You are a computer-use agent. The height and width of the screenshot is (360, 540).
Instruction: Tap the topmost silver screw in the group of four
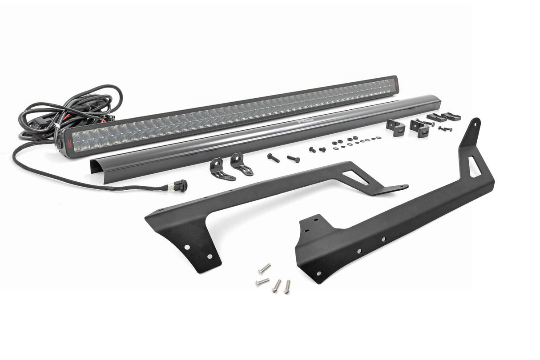click(x=264, y=268)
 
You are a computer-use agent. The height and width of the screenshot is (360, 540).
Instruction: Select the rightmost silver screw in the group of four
click(x=287, y=287)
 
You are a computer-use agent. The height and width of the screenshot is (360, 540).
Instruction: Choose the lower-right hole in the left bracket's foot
click(x=210, y=257)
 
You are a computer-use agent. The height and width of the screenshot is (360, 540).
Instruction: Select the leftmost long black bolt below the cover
click(x=273, y=157)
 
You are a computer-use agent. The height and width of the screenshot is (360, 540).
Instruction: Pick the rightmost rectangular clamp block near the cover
click(x=451, y=117)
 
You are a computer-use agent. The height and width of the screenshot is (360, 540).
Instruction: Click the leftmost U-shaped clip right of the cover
click(x=396, y=126)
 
